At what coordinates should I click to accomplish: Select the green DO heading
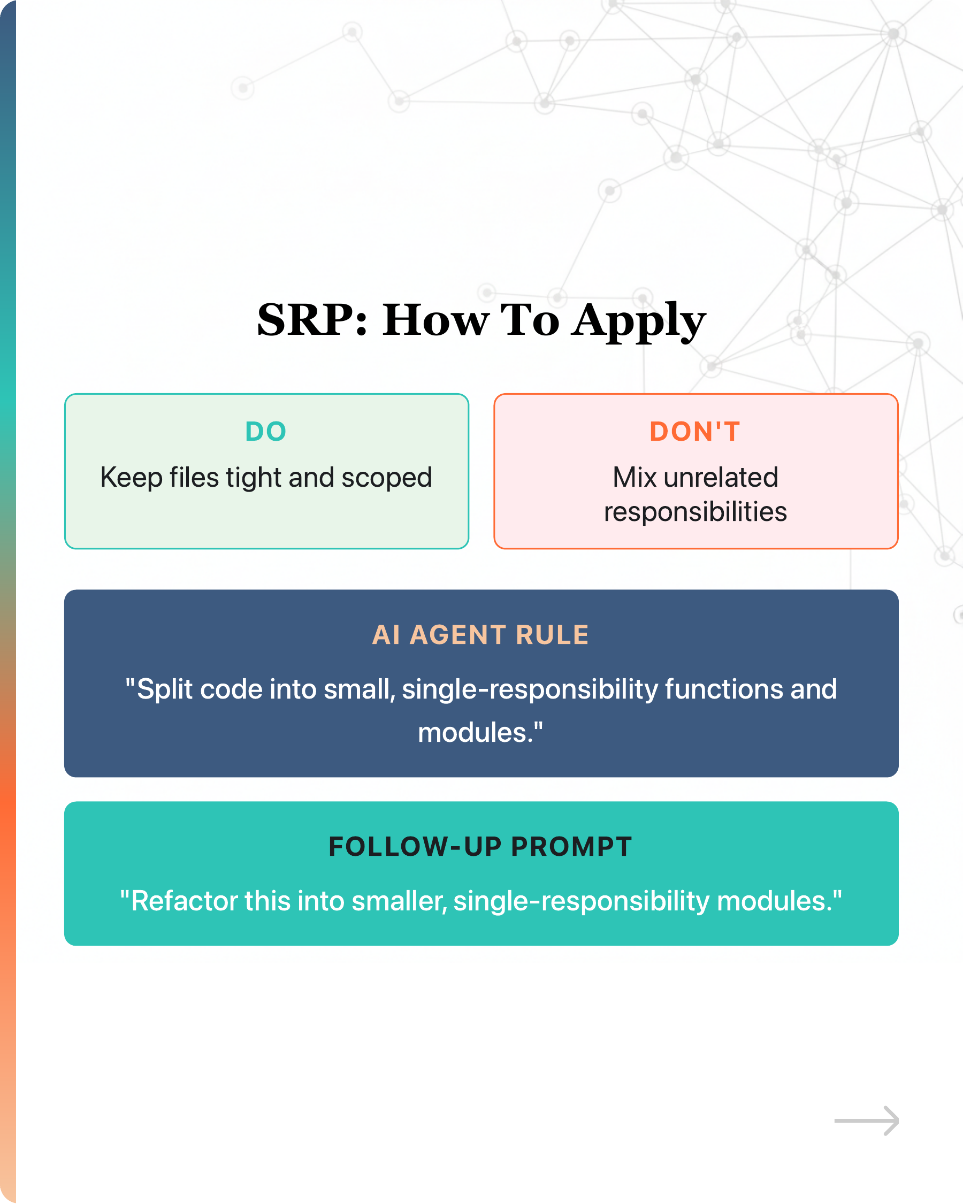266,432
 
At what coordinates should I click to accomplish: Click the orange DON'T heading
695,432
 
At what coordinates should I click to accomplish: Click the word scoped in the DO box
387,478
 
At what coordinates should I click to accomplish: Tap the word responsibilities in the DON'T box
695,512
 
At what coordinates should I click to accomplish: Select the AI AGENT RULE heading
481,635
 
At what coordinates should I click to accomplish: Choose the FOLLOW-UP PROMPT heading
481,847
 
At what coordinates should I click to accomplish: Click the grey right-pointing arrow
866,1120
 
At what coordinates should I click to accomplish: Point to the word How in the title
436,320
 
